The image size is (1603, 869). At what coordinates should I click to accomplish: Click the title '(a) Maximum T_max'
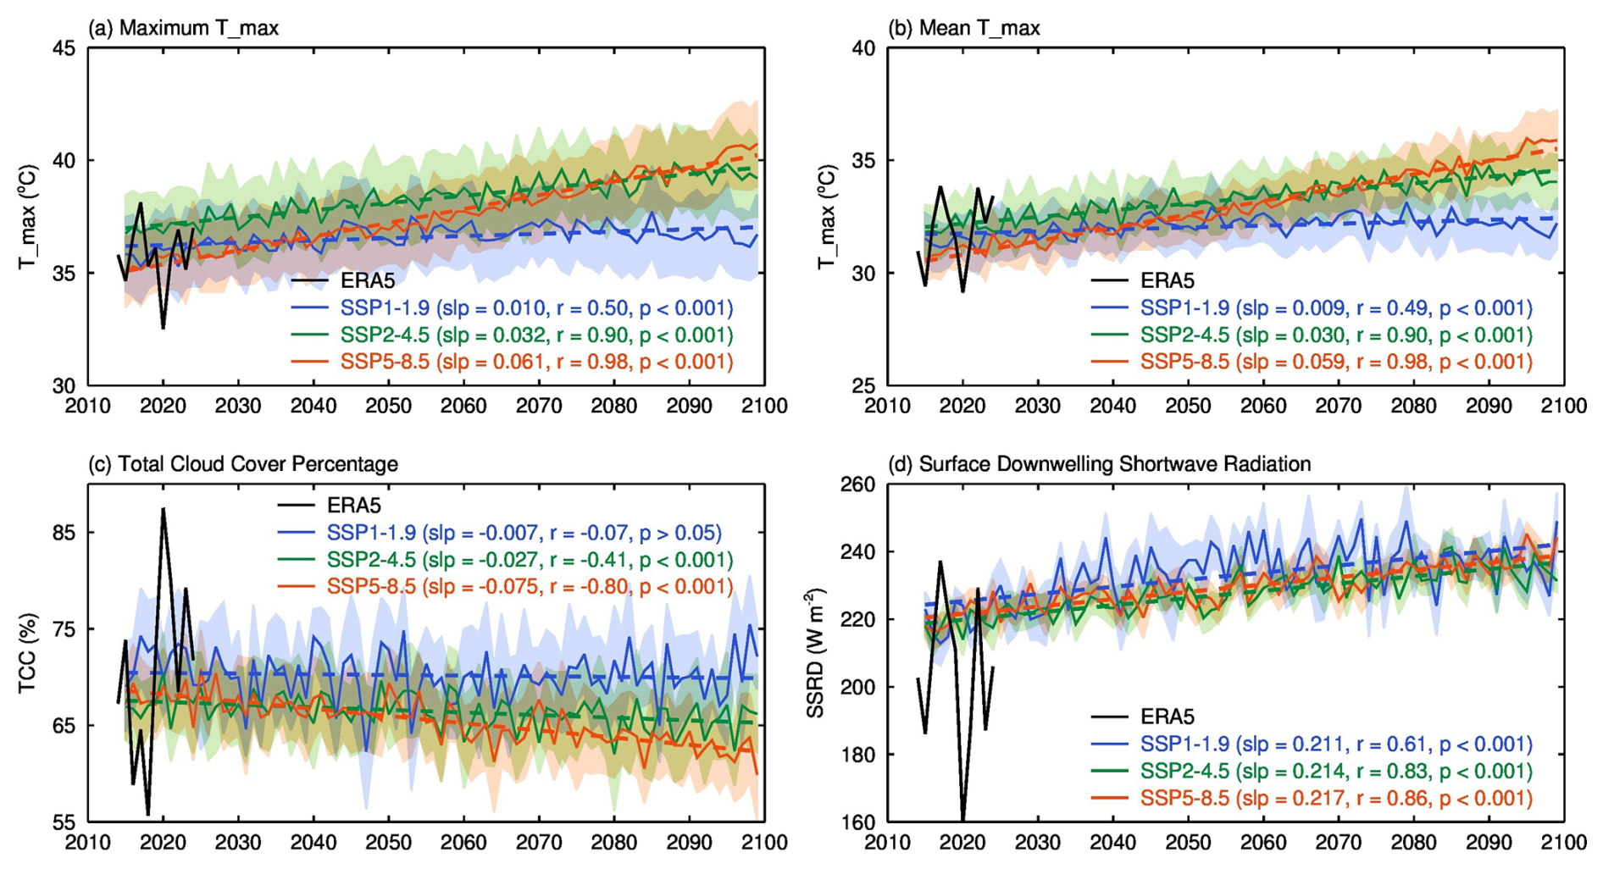click(183, 28)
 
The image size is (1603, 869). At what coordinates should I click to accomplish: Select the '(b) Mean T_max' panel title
click(964, 28)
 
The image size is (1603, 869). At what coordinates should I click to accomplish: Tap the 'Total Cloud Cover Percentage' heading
click(243, 464)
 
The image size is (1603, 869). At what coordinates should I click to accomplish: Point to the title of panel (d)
click(1100, 464)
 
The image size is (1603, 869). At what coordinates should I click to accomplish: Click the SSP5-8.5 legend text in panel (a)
click(536, 363)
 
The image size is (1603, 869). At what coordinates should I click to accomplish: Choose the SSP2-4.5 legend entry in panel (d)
click(1336, 772)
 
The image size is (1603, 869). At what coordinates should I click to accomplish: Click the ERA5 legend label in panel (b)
click(1167, 281)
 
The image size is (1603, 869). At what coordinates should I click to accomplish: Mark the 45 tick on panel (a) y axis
click(64, 49)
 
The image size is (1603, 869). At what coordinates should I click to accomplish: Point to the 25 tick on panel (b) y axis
click(863, 386)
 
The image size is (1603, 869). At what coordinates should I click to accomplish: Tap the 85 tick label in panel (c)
click(64, 533)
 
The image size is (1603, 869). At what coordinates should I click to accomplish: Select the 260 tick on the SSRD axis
click(857, 484)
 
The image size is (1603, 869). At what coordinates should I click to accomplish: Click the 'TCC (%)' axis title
click(27, 654)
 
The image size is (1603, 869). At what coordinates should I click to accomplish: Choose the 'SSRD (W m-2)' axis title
click(815, 653)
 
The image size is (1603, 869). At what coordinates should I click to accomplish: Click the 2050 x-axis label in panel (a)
click(389, 407)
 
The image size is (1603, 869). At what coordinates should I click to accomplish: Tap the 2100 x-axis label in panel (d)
click(1564, 843)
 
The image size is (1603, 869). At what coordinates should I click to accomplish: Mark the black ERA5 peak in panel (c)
click(163, 509)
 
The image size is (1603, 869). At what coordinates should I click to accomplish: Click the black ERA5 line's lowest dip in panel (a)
click(163, 327)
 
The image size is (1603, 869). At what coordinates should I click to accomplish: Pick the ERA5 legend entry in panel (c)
click(354, 506)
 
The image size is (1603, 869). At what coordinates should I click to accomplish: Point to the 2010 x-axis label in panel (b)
click(887, 407)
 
